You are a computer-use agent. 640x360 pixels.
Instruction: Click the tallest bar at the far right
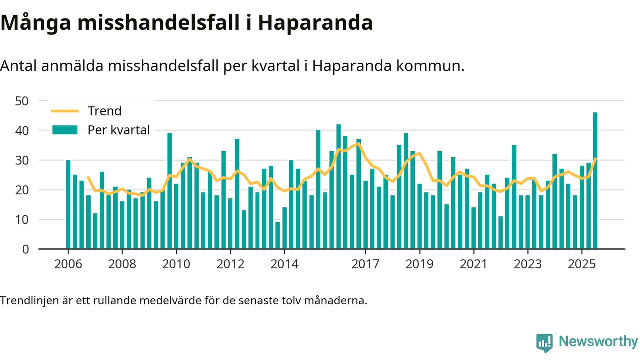point(595,181)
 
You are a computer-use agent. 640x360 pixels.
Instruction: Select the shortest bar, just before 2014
point(278,235)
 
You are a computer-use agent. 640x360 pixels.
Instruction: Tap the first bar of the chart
point(68,204)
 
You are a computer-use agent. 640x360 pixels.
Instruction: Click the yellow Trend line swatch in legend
point(65,111)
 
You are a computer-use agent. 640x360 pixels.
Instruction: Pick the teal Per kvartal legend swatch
point(65,130)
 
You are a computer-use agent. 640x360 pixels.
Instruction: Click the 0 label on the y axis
point(26,249)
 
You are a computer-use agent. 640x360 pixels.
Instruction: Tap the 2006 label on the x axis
point(68,263)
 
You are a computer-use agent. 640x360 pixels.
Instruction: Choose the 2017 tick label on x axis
point(365,263)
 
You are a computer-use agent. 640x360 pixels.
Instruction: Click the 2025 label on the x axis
point(582,263)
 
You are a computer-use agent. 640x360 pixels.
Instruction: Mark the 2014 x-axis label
point(284,263)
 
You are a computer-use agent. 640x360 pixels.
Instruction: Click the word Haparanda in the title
point(315,23)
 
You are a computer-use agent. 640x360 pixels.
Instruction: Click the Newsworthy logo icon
point(544,343)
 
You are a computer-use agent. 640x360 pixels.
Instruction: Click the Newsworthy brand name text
point(598,342)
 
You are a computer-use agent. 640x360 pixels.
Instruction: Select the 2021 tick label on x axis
point(473,263)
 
